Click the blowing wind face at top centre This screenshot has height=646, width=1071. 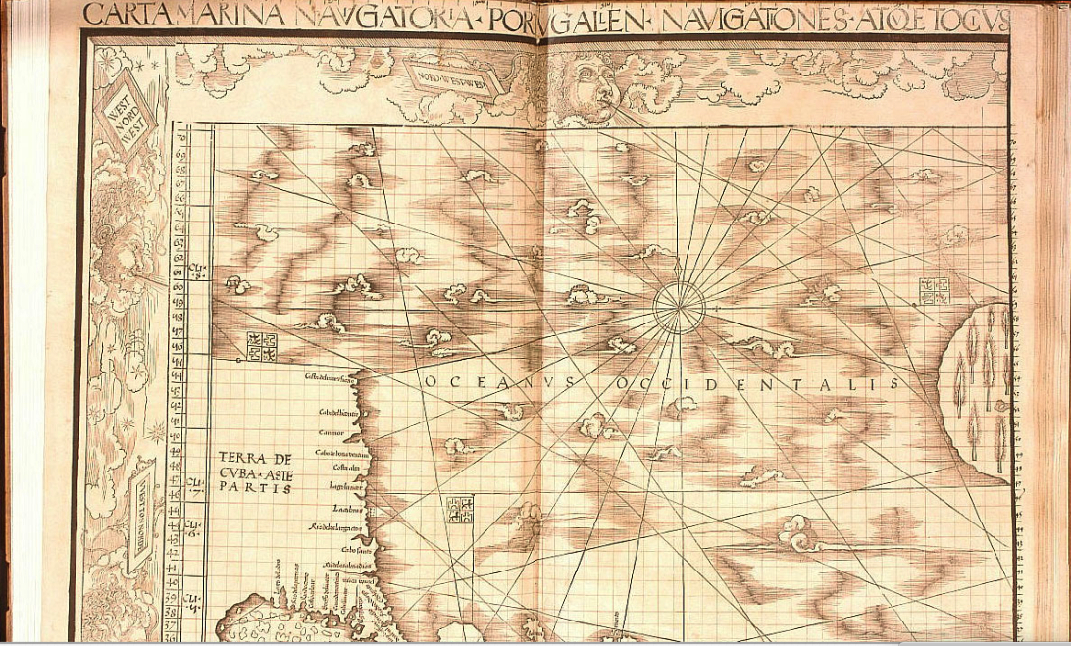(586, 87)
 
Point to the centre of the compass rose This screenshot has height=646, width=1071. (679, 307)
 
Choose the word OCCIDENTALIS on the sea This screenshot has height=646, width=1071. (754, 384)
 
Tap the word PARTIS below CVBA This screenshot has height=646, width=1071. (255, 490)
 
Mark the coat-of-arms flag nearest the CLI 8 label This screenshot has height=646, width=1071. (262, 343)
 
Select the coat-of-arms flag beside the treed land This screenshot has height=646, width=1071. (933, 289)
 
